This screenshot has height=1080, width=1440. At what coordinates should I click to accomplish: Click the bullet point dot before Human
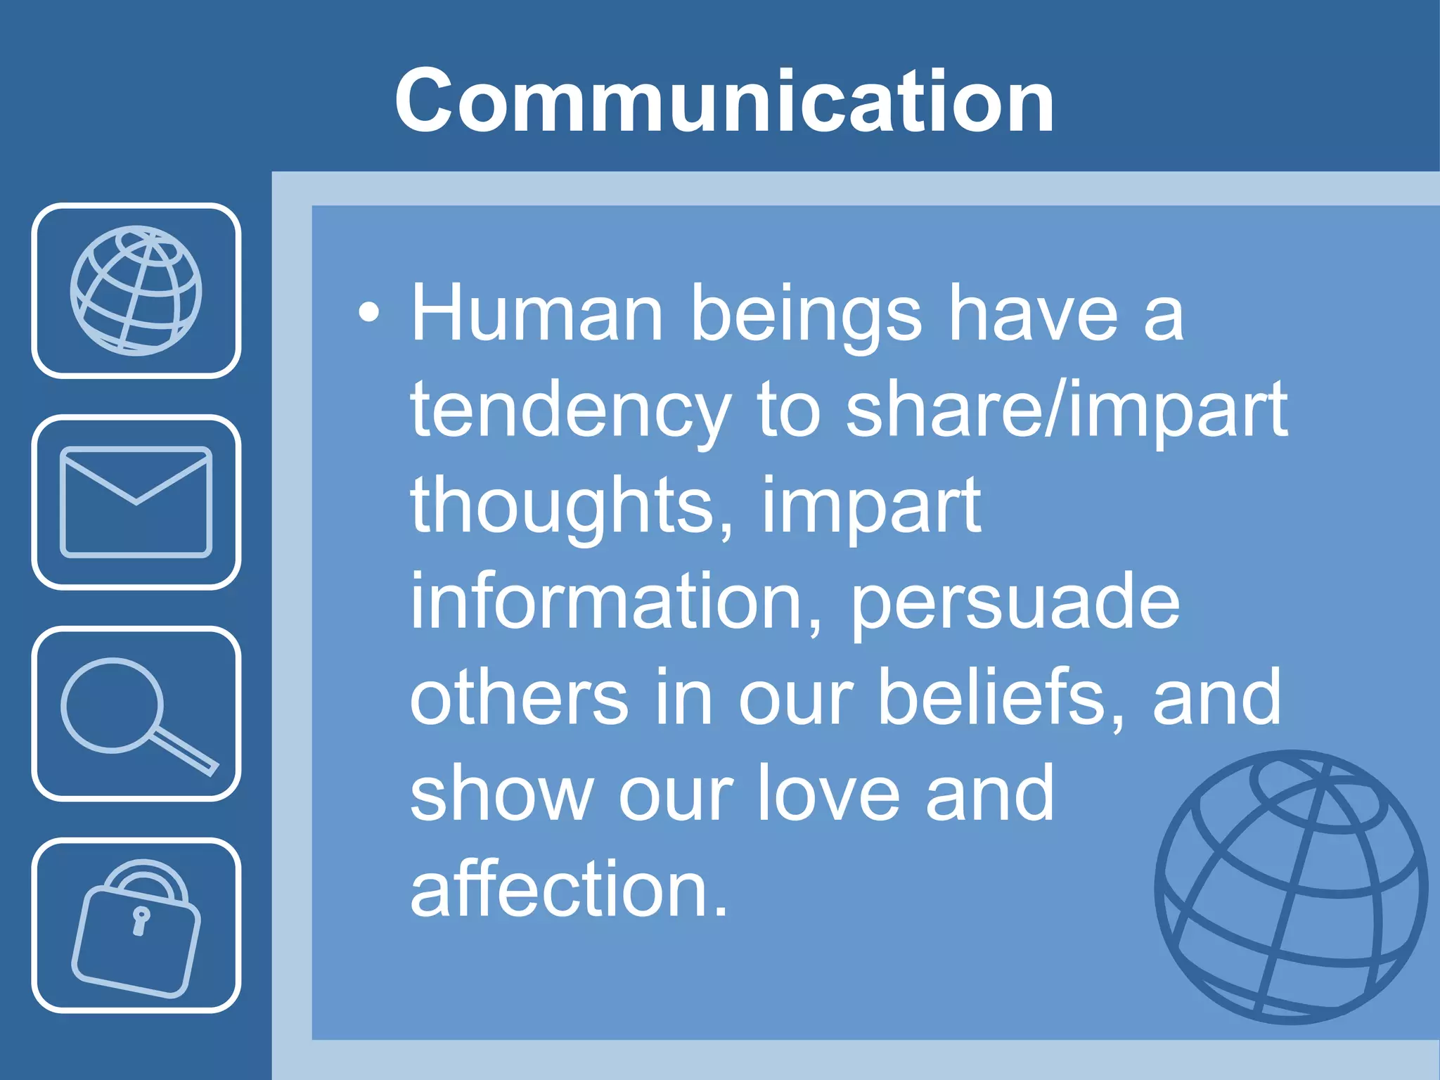coord(368,314)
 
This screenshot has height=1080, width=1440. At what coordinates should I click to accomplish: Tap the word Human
coord(537,314)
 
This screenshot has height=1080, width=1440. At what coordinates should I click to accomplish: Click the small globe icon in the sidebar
coord(136,290)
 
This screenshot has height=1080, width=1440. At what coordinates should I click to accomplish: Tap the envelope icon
coord(136,502)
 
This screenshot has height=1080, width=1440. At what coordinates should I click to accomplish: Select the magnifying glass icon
coord(136,714)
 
